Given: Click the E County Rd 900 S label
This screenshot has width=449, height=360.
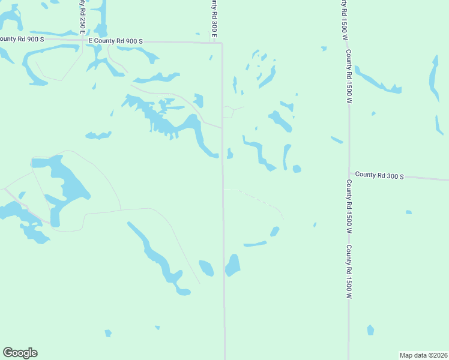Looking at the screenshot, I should coord(116,41).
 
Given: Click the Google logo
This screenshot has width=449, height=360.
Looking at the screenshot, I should coord(20,353).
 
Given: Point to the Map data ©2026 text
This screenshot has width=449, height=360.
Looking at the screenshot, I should coord(424,355).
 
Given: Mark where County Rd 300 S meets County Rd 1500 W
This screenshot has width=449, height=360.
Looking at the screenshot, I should coord(349,174).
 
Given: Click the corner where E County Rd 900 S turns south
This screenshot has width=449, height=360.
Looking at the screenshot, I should coord(221,43).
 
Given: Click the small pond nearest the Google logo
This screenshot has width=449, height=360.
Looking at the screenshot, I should coord(108,333).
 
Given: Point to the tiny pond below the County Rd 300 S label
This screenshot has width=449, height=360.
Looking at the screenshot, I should coord(408,212).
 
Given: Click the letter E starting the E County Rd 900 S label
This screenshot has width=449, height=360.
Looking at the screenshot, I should coord(90,41).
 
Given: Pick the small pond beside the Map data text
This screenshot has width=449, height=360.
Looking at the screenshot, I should coord(370,330).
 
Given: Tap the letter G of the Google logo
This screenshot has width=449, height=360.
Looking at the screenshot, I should coord(8,353).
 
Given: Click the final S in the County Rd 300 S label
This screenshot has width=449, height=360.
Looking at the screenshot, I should coord(402,176).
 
